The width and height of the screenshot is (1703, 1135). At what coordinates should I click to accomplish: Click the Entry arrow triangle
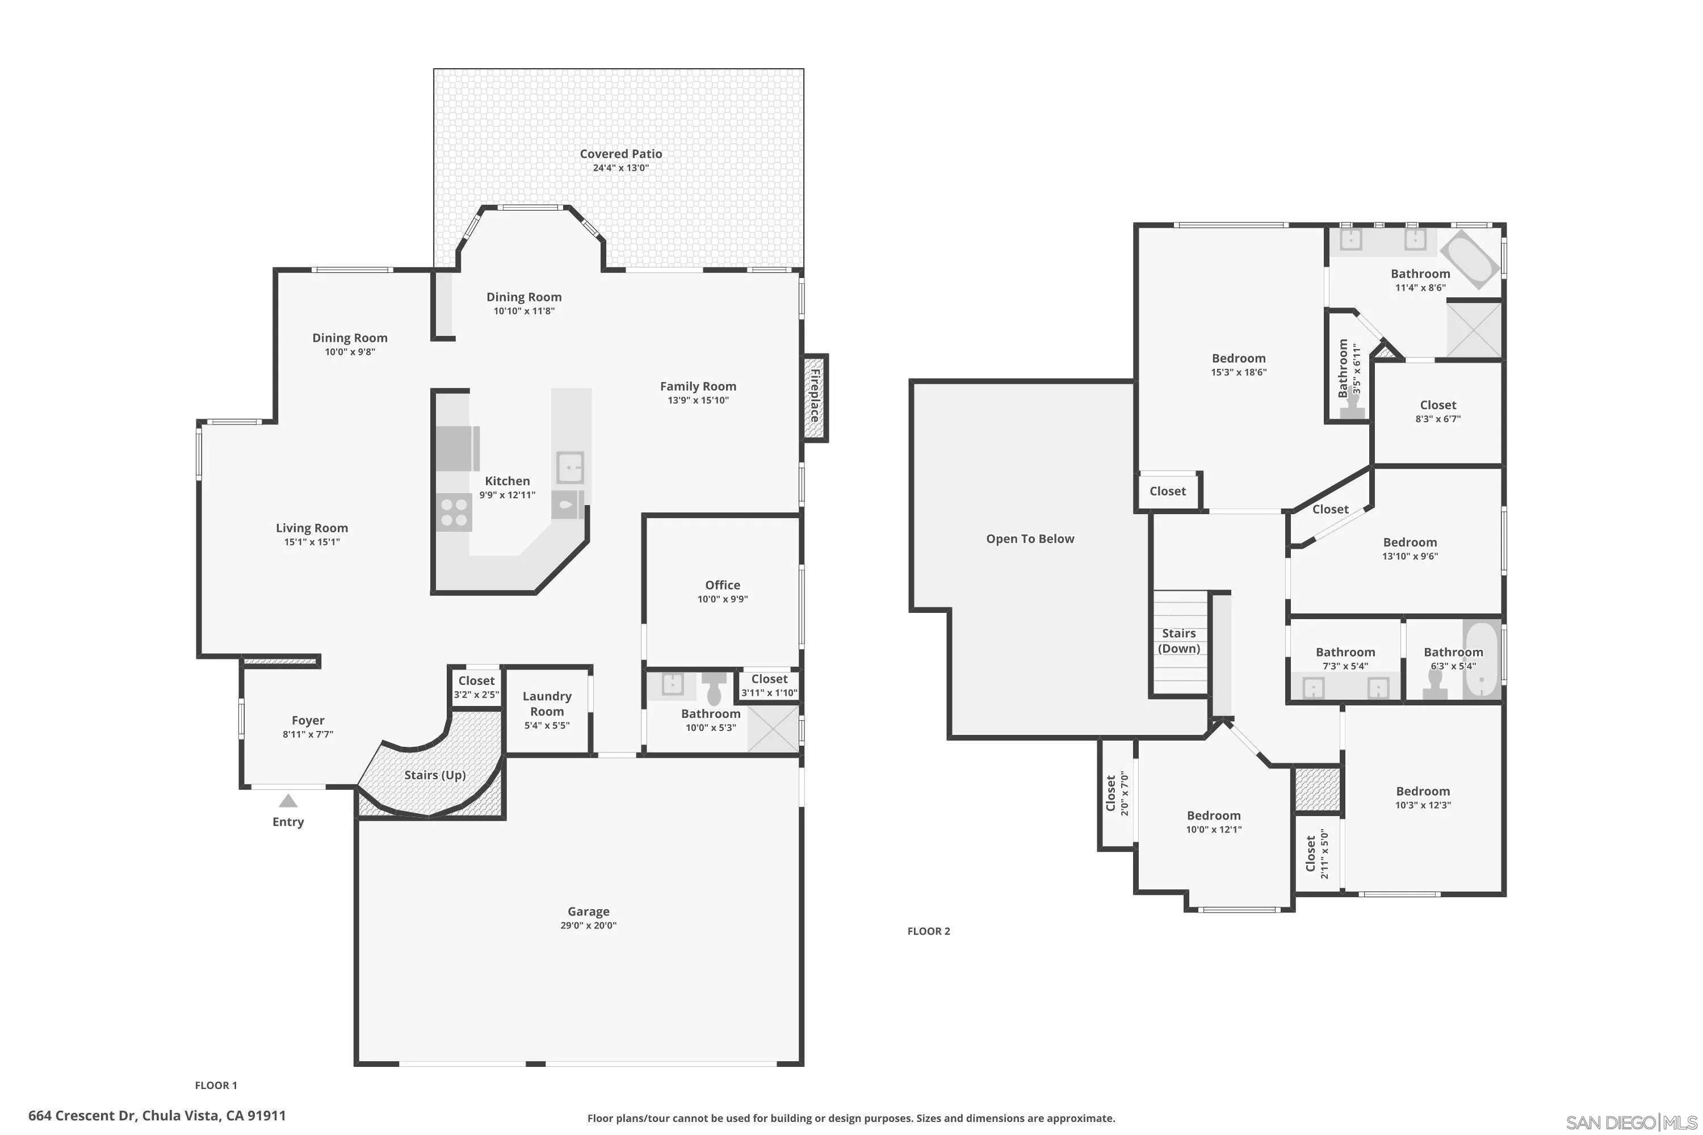pos(288,801)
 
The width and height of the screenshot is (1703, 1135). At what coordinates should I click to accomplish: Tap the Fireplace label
pos(815,397)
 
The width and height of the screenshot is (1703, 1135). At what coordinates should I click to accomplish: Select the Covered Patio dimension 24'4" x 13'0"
pos(620,168)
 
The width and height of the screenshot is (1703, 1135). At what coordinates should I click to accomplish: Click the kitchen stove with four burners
pos(454,512)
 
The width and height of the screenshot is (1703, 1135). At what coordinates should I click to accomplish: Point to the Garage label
pos(588,911)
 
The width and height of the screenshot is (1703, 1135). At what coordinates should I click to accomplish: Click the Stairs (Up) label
pos(434,775)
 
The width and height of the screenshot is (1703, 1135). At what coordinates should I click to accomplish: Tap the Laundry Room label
pos(547,703)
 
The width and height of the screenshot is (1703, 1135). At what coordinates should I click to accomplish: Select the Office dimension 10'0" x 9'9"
pos(722,599)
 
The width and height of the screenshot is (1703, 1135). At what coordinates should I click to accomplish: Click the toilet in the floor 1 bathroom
pos(715,688)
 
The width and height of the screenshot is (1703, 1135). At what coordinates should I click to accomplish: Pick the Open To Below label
pos(1030,539)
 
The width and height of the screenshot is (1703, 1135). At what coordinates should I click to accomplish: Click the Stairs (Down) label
pos(1179,641)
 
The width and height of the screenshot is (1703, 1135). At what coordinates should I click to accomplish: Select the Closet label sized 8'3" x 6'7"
pos(1437,405)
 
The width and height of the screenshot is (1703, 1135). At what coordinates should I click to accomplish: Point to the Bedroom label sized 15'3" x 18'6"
pos(1238,358)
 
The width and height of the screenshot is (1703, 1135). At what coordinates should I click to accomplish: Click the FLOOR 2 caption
pos(928,931)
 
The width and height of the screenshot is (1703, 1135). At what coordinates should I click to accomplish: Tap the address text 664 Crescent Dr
pos(157,1116)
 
